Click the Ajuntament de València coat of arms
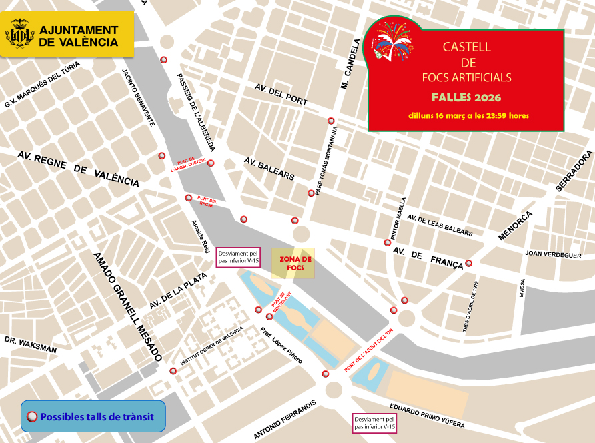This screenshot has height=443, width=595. click(20, 34)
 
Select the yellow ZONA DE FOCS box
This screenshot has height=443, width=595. click(292, 263)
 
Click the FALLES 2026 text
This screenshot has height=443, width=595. click(466, 97)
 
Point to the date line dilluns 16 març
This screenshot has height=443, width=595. click(468, 115)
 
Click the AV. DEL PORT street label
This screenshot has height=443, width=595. click(281, 94)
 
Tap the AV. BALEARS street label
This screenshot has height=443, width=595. click(269, 169)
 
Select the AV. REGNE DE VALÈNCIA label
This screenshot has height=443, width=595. click(78, 169)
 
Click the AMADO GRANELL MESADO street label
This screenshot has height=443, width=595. click(127, 306)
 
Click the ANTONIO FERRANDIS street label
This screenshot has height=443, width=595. click(284, 420)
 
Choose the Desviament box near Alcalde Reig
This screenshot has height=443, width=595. click(238, 257)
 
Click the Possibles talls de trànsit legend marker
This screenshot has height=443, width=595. click(31, 417)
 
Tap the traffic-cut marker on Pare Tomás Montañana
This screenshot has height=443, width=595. click(311, 193)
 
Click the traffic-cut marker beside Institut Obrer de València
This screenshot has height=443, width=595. click(173, 371)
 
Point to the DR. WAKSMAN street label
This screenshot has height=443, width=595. click(30, 344)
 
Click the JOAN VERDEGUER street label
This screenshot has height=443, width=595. click(553, 254)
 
